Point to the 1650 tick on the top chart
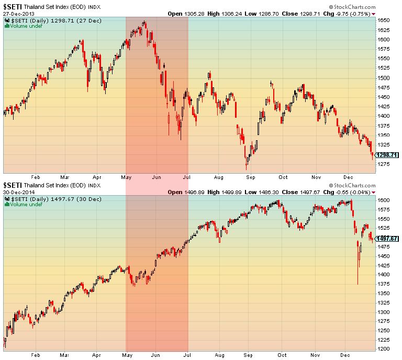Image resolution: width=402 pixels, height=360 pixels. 385,20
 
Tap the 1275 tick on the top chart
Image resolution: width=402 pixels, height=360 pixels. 385,164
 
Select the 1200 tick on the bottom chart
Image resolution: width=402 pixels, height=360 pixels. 385,348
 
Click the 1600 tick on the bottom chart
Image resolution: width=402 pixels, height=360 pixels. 385,200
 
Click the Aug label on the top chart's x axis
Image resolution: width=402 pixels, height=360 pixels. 219,177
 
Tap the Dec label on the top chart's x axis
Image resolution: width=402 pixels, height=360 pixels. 348,177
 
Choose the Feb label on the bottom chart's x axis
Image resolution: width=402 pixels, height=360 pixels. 36,355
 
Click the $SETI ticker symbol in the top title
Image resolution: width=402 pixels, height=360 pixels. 13,6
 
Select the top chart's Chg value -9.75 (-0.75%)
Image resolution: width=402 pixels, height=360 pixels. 355,14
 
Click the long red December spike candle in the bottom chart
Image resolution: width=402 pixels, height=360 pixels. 358,262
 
